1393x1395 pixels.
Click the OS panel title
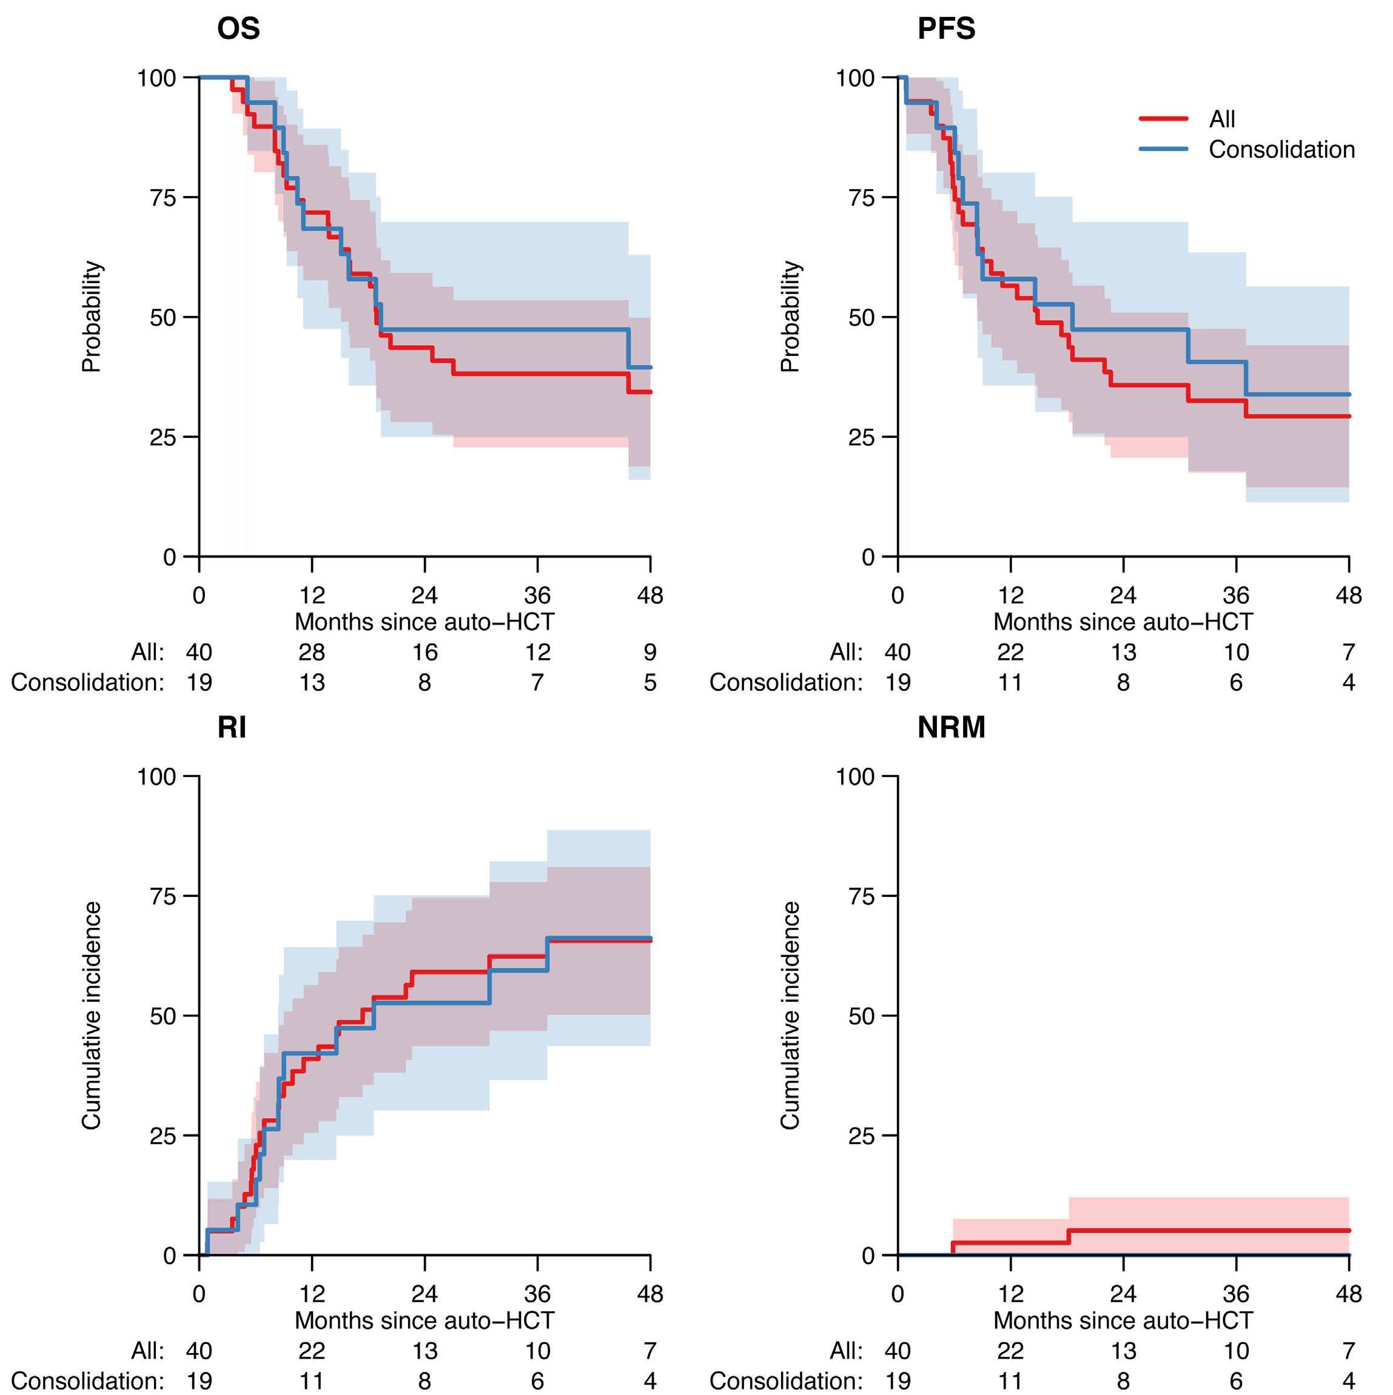238,29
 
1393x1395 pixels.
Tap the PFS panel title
946,29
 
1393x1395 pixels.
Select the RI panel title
232,728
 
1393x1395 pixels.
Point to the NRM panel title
951,728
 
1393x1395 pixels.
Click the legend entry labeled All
1222,118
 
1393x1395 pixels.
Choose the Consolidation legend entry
1282,149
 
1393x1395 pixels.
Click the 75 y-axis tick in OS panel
163,198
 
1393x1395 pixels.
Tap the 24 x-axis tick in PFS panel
1123,595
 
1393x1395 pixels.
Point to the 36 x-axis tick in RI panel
537,1293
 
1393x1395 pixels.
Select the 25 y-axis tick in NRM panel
862,1137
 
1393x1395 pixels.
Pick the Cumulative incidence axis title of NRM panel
791,1015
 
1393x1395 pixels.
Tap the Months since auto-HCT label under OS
425,622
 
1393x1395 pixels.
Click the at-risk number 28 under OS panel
312,653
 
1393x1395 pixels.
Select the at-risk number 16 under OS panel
425,653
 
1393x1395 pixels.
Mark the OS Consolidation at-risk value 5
650,683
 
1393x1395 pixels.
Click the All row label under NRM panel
847,1351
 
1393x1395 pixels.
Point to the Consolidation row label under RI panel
87,1381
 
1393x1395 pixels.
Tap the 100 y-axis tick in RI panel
156,777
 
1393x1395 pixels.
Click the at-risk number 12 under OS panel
537,653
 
